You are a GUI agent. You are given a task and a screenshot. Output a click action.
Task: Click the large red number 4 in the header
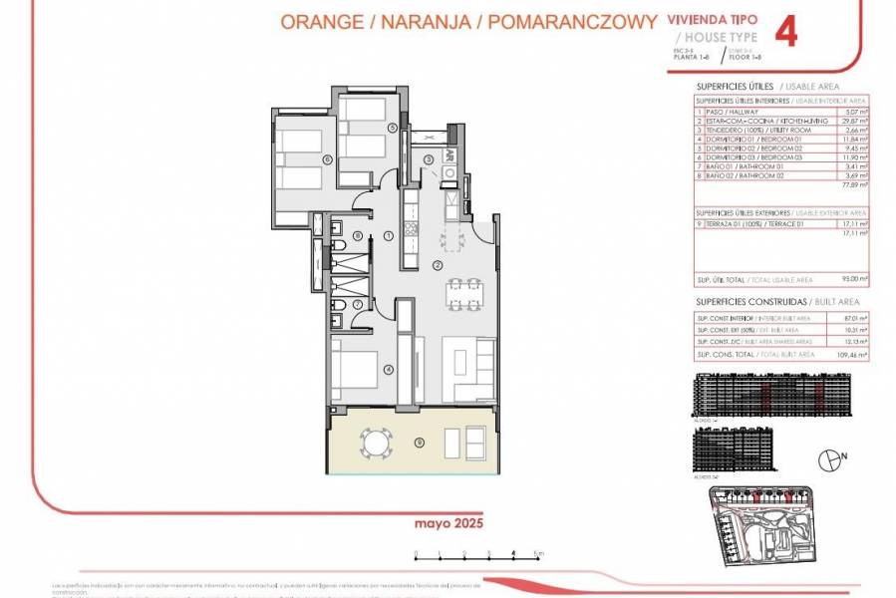tap(786, 31)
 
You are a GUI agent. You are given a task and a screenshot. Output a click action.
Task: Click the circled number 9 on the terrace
tap(420, 443)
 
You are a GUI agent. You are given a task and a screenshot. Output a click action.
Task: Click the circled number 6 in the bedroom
tap(326, 158)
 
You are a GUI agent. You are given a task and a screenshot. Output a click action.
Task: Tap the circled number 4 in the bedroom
tap(389, 370)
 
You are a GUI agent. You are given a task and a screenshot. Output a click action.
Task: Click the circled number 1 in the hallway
tap(387, 235)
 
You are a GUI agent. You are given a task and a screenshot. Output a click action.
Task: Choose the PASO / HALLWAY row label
tap(734, 111)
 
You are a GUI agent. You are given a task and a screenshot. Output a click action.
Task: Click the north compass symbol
tap(826, 460)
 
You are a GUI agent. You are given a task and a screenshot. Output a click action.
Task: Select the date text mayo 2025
tap(441, 521)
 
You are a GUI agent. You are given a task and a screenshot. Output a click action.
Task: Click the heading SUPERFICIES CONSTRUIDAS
tap(738, 301)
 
